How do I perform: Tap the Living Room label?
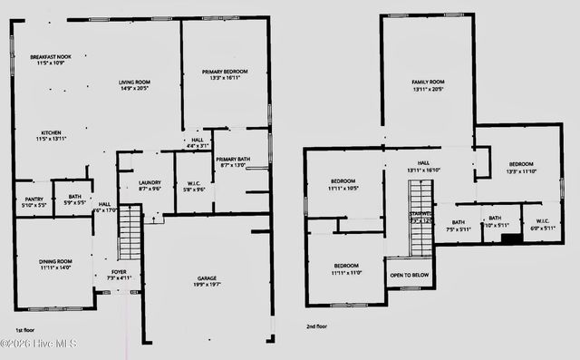tap(134, 85)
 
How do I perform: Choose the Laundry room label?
tap(150, 185)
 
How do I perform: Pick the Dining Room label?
tap(54, 264)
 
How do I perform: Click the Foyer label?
tap(119, 274)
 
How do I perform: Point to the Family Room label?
tap(428, 85)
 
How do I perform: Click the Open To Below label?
tap(410, 275)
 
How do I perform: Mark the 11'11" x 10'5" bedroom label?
tap(343, 185)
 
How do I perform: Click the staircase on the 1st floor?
tap(130, 232)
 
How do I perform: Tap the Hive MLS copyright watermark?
tap(39, 344)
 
